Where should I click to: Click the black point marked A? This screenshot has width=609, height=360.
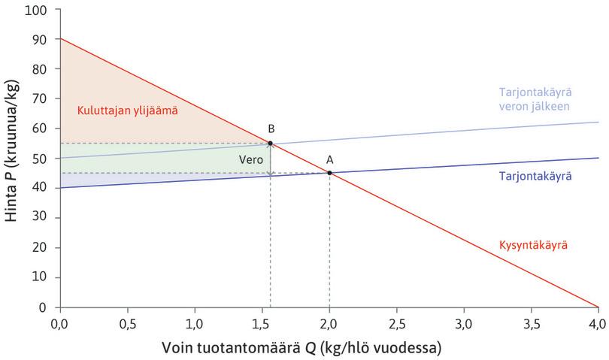[x=329, y=173]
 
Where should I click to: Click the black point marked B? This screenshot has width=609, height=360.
[x=271, y=143]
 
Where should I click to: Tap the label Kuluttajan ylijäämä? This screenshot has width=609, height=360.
[x=127, y=111]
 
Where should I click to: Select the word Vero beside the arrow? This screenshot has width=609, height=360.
[x=250, y=159]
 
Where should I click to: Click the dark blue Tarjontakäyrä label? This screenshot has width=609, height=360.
[x=535, y=175]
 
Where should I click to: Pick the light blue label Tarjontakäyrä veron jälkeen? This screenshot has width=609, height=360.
[x=535, y=99]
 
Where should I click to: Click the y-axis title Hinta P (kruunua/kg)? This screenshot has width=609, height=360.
[x=14, y=158]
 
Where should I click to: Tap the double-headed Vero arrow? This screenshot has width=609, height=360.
[x=271, y=158]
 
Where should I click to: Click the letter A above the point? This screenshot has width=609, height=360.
[x=329, y=159]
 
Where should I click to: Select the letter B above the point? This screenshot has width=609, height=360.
[x=271, y=129]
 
